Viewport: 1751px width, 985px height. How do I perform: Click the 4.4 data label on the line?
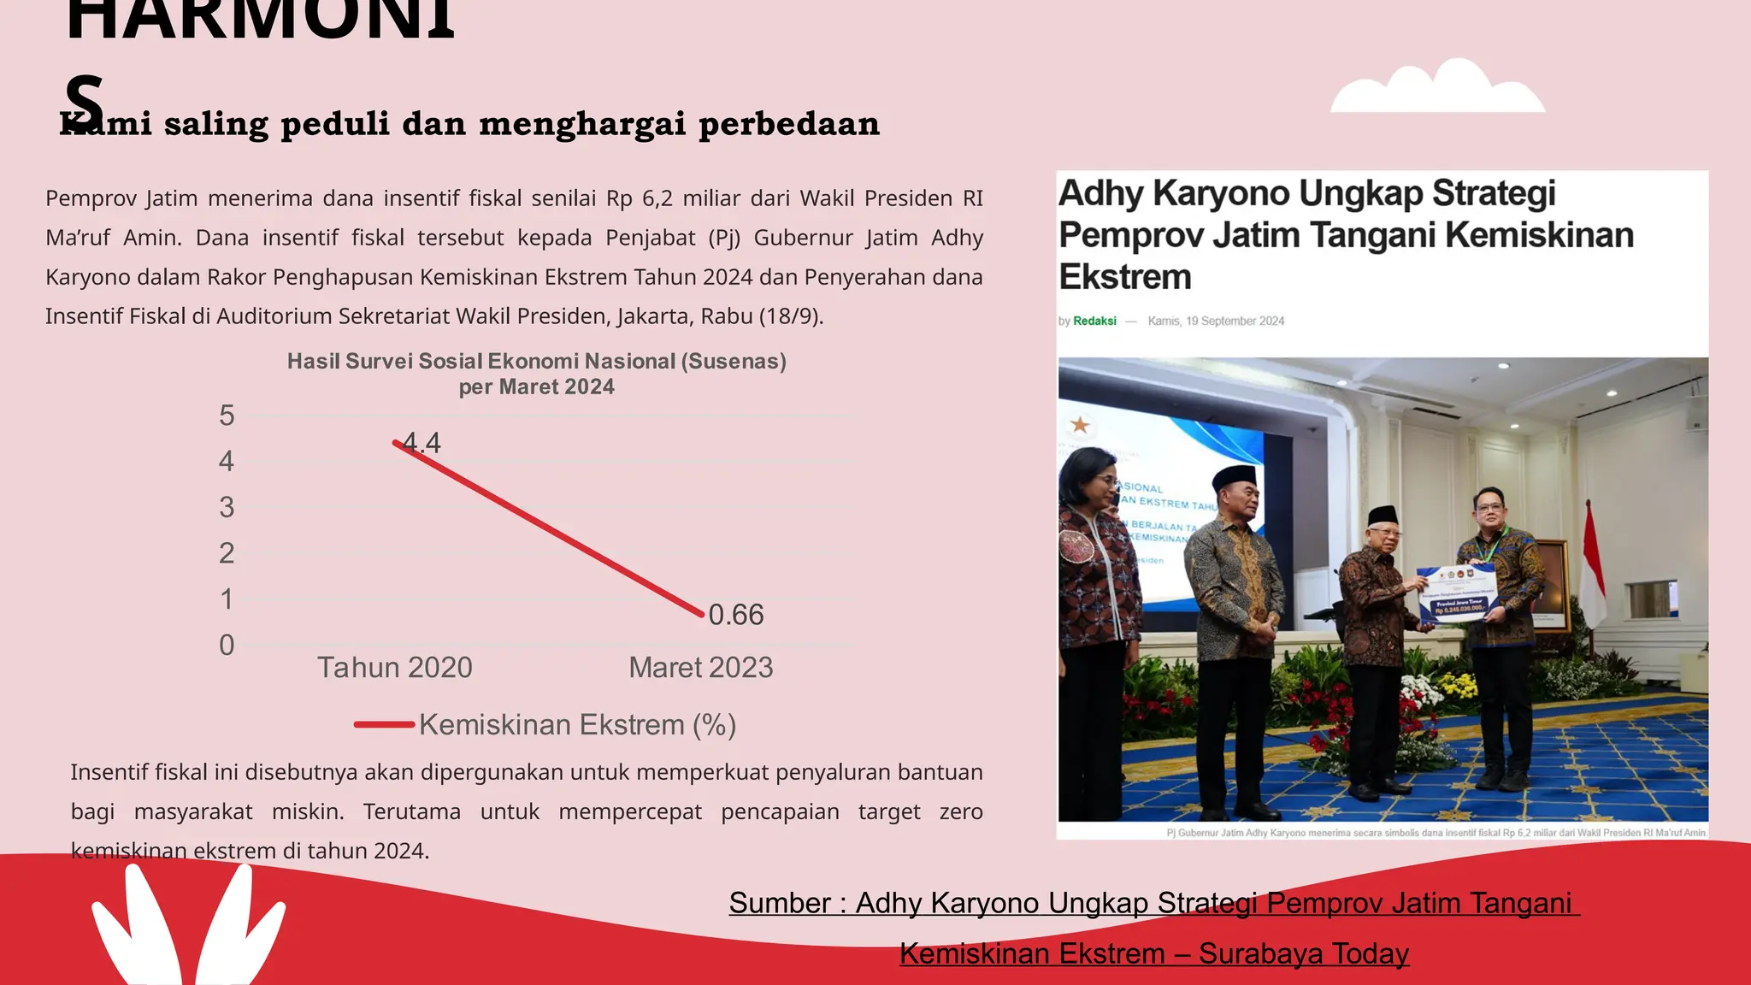pyautogui.click(x=422, y=443)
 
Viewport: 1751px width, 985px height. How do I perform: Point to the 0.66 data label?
pyautogui.click(x=736, y=615)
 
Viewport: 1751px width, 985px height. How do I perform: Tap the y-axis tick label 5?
pyautogui.click(x=227, y=416)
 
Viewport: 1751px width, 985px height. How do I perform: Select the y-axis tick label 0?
pyautogui.click(x=227, y=645)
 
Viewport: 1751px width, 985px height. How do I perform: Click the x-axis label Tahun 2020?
pyautogui.click(x=395, y=668)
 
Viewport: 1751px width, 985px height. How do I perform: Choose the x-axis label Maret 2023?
pyautogui.click(x=701, y=668)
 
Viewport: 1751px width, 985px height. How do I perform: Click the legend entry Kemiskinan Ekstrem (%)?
pyautogui.click(x=577, y=725)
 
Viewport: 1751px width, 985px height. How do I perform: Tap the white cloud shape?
pyautogui.click(x=1438, y=89)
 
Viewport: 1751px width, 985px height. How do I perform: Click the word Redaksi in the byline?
pyautogui.click(x=1094, y=321)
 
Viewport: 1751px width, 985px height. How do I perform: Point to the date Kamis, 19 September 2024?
pyautogui.click(x=1216, y=321)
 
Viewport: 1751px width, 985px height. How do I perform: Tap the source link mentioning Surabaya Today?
pyautogui.click(x=1154, y=953)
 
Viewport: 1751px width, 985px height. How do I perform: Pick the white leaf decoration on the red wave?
pyautogui.click(x=188, y=928)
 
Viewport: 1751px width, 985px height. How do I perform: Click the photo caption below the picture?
pyautogui.click(x=1436, y=833)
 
